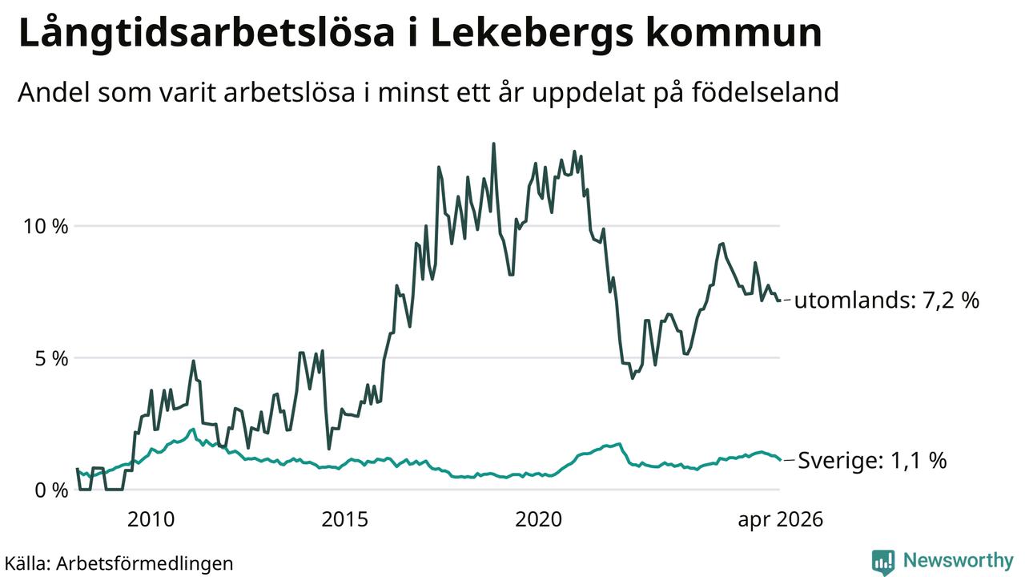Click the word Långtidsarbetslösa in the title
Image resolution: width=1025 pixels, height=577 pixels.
pyautogui.click(x=207, y=34)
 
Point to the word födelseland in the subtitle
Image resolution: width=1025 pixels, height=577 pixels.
pyautogui.click(x=766, y=92)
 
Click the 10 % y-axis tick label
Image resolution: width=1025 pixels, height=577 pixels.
pyautogui.click(x=46, y=226)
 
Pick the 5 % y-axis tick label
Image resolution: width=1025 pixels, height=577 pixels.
pyautogui.click(x=52, y=358)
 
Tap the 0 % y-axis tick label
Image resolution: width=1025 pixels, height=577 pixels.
pyautogui.click(x=52, y=490)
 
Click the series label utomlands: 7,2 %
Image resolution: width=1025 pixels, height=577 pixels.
pyautogui.click(x=886, y=301)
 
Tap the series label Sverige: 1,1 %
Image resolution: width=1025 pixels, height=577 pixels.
pyautogui.click(x=872, y=460)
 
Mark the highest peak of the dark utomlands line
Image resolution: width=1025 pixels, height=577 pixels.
pyautogui.click(x=493, y=143)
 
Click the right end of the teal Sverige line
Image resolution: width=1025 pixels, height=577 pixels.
pyautogui.click(x=780, y=459)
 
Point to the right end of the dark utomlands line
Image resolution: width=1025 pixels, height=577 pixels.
pyautogui.click(x=780, y=301)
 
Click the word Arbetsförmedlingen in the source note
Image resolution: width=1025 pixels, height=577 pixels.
pyautogui.click(x=145, y=563)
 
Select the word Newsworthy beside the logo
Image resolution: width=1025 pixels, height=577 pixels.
pyautogui.click(x=959, y=561)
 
